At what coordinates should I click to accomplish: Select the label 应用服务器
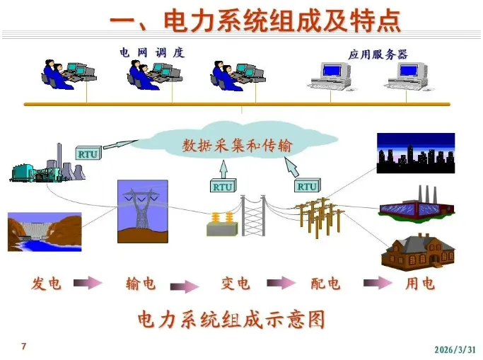click(378, 54)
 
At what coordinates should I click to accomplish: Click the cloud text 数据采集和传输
click(237, 146)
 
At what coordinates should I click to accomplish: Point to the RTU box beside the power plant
click(88, 153)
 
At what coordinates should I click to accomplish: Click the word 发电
click(47, 284)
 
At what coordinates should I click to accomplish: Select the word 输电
click(141, 284)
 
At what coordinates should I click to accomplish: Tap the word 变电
click(235, 284)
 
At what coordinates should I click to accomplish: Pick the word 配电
click(325, 284)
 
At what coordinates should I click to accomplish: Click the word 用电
click(420, 284)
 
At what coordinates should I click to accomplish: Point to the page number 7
click(24, 347)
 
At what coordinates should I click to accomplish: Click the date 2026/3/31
click(455, 349)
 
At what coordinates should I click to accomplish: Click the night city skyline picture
click(415, 153)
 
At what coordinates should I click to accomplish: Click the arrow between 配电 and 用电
click(373, 283)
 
